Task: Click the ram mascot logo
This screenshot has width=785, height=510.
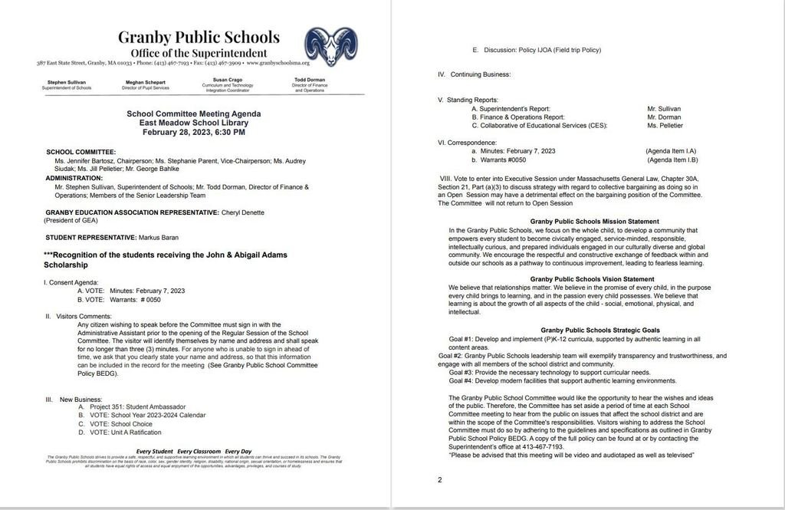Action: coord(330,47)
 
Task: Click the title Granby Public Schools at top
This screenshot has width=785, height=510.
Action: coord(199,37)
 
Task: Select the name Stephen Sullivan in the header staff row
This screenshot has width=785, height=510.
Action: coord(67,81)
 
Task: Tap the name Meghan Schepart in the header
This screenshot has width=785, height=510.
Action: coord(146,81)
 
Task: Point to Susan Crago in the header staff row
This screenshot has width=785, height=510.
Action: coord(224,79)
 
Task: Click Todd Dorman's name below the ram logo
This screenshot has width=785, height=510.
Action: coord(310,79)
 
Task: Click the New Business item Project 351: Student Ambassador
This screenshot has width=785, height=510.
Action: coord(136,406)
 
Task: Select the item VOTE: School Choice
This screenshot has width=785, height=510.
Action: coord(121,423)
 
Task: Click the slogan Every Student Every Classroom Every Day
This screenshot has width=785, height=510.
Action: coord(193,450)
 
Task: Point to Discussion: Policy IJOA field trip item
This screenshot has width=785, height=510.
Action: coord(537,50)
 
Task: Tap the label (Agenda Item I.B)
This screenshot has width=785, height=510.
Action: coord(671,160)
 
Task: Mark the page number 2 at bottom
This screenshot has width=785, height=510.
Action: coord(440,480)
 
